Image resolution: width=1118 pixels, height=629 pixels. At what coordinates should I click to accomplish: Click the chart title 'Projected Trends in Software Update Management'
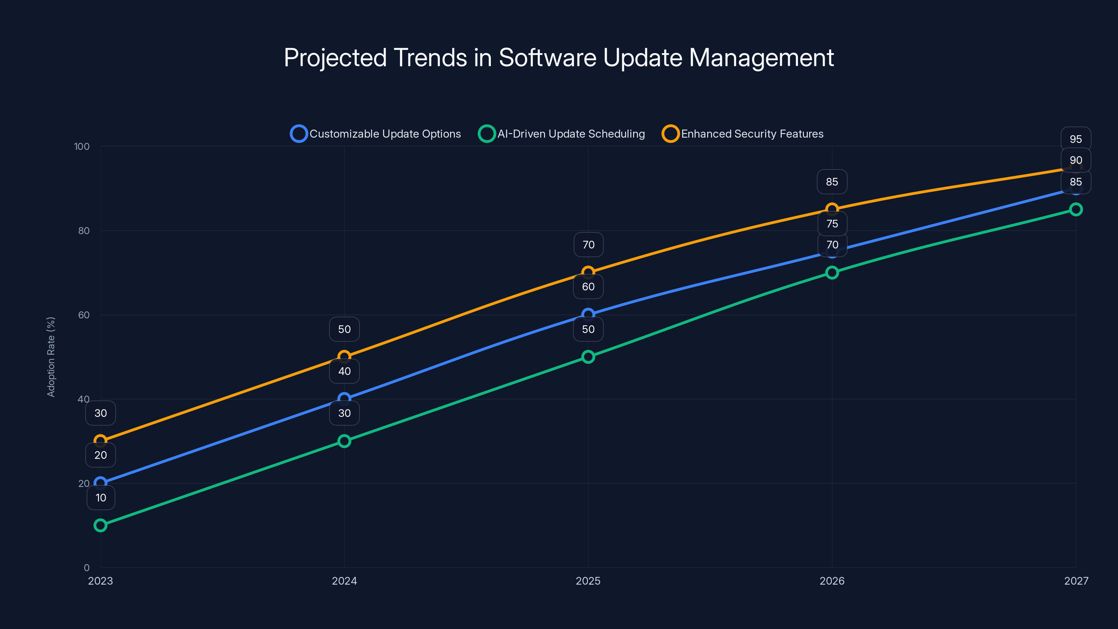click(x=559, y=57)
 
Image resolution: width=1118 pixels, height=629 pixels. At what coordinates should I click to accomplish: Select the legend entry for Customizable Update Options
click(x=376, y=134)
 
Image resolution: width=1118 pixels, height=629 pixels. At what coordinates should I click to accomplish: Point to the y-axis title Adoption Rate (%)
click(x=51, y=357)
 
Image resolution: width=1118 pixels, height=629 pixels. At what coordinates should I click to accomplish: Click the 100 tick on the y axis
click(x=82, y=146)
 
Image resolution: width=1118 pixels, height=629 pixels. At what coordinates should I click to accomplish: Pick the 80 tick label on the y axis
click(x=84, y=231)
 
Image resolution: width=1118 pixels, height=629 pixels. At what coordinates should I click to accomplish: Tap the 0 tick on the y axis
click(x=86, y=567)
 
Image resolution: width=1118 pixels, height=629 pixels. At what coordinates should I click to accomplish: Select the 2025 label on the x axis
click(x=588, y=581)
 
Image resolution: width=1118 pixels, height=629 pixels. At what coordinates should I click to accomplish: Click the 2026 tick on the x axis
click(x=832, y=581)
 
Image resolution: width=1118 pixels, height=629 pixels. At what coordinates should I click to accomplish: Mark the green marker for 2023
click(x=100, y=525)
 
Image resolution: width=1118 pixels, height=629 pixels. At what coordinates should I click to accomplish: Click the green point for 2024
click(x=344, y=441)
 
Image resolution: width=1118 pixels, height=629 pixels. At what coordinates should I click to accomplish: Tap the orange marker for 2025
click(x=588, y=273)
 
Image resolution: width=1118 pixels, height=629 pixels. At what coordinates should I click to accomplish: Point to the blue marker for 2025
click(x=588, y=314)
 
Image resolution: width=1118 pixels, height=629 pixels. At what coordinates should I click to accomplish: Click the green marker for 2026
click(x=832, y=273)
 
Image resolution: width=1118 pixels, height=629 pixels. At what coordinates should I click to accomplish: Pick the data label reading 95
click(x=1075, y=139)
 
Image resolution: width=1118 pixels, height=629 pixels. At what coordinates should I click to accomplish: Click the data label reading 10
click(x=101, y=498)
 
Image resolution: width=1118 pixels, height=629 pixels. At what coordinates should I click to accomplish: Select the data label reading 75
click(x=832, y=224)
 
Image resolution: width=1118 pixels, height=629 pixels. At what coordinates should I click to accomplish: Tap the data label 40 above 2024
click(x=344, y=371)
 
